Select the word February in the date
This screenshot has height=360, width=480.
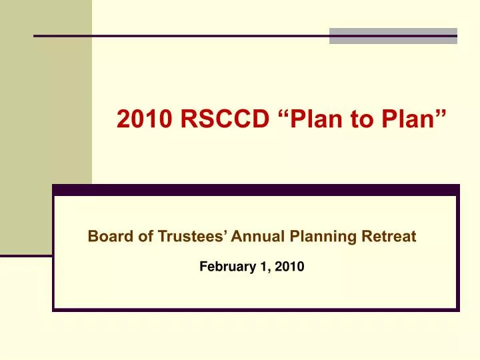tap(223, 267)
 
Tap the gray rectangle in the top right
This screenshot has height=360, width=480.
tap(393, 36)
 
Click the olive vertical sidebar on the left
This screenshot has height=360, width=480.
tap(45, 133)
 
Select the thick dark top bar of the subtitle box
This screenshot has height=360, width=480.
tap(256, 190)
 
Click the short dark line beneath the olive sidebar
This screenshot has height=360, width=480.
tap(26, 255)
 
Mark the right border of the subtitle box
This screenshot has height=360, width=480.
tap(457, 253)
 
